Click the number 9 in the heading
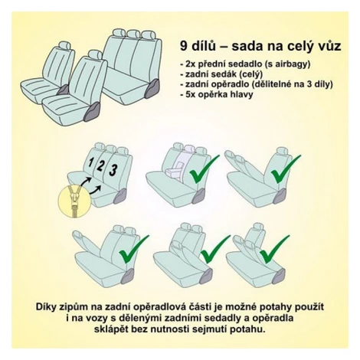[185, 47]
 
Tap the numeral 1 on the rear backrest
[90, 162]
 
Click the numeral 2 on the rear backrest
[100, 165]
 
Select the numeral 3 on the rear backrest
[113, 170]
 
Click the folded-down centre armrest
[175, 170]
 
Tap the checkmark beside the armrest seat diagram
[205, 169]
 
